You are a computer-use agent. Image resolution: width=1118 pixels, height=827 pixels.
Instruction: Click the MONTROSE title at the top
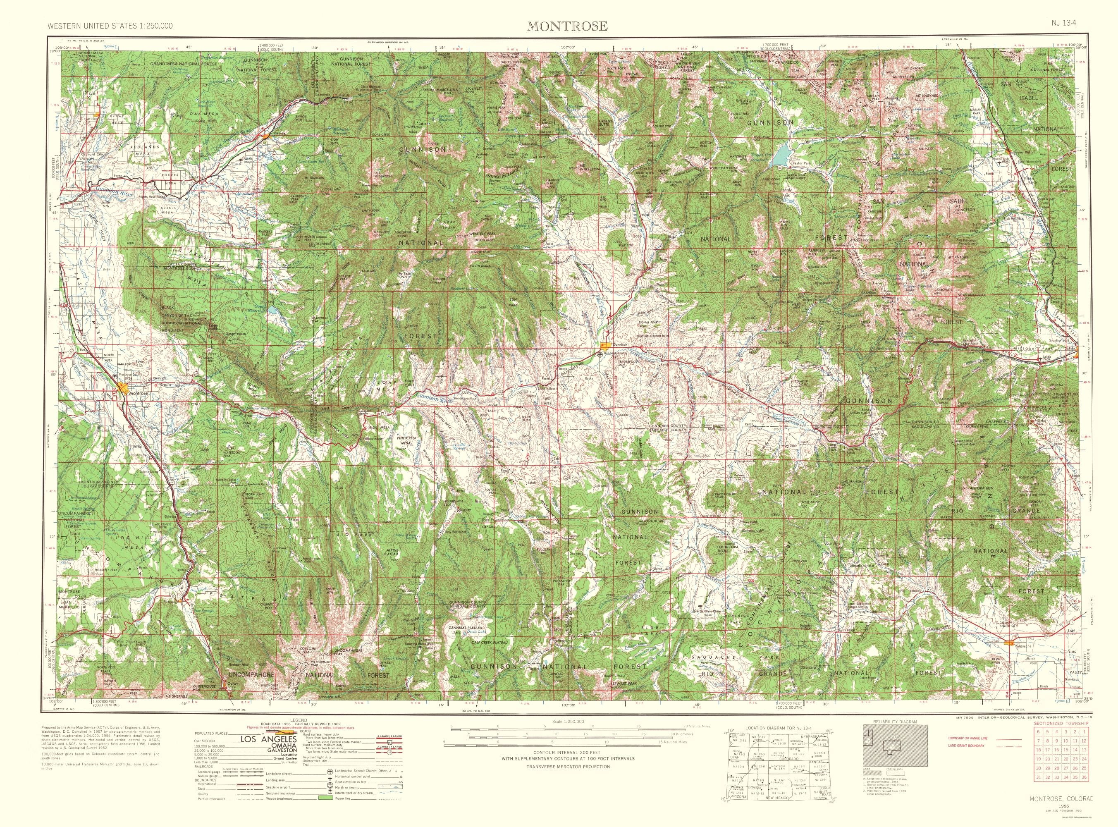click(x=567, y=26)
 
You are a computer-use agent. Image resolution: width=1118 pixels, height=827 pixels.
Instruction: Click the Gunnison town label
click(x=619, y=345)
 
